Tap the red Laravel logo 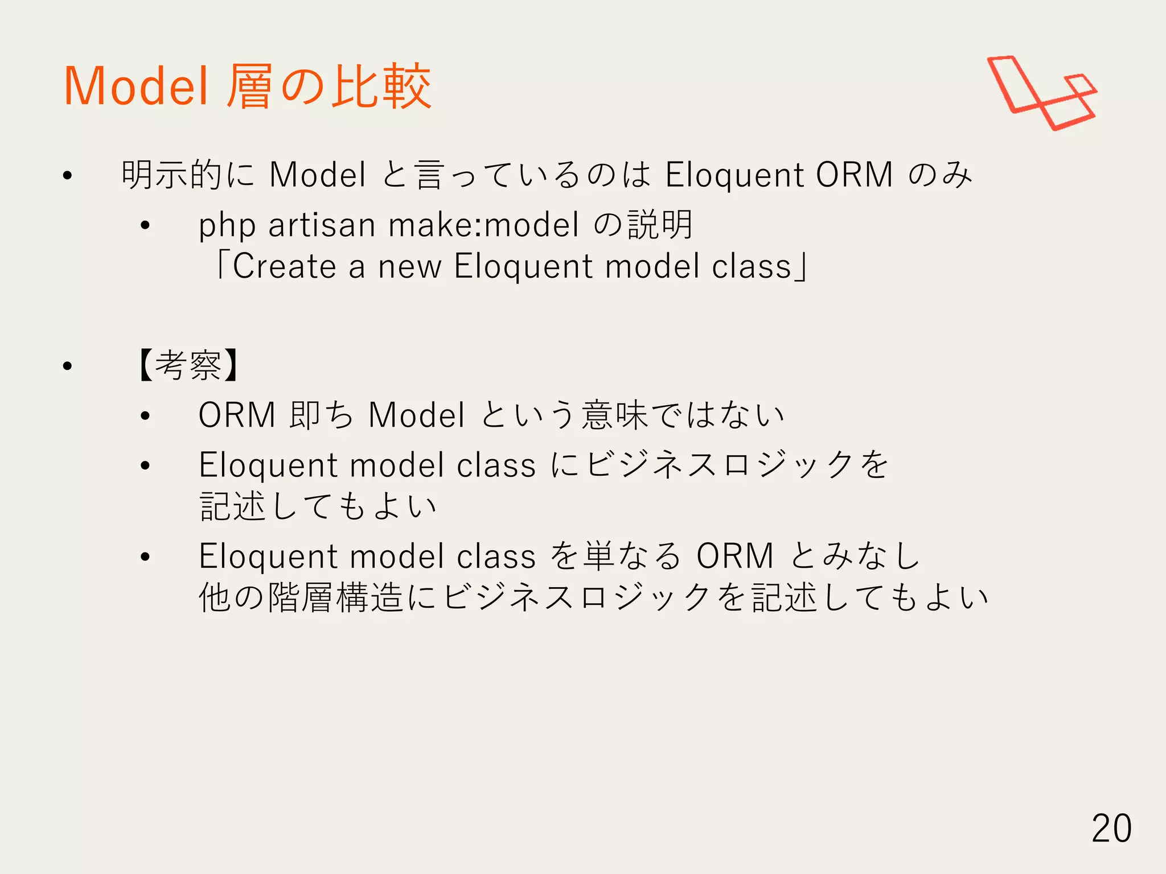[x=1041, y=93]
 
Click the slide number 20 [x=1111, y=828]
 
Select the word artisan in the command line [x=322, y=225]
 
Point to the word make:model [x=483, y=225]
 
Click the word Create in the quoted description [x=284, y=266]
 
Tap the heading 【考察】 [x=188, y=365]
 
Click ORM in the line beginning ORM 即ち [x=237, y=415]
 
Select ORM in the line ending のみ [x=854, y=175]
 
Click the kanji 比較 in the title [x=381, y=86]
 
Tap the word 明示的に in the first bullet [x=188, y=175]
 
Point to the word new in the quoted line [x=409, y=266]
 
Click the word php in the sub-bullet [x=227, y=226]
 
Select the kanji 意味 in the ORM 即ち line [x=614, y=415]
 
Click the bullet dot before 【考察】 [x=68, y=366]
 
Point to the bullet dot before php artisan [x=145, y=226]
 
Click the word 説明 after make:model [x=660, y=225]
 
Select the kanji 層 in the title [x=249, y=86]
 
